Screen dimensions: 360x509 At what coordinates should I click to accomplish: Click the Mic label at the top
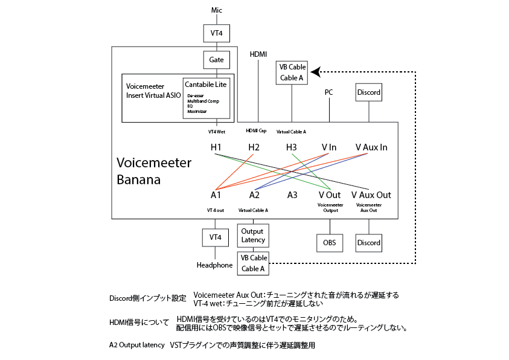tap(216, 10)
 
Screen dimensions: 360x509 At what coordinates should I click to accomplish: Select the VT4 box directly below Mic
tap(216, 33)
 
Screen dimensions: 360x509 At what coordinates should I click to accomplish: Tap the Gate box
tap(216, 60)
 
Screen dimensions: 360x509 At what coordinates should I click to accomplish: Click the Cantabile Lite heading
tap(206, 85)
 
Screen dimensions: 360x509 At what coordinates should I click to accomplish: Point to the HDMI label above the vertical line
tap(258, 54)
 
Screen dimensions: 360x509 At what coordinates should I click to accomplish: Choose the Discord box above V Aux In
tap(368, 92)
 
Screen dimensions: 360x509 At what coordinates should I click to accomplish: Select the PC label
tap(329, 92)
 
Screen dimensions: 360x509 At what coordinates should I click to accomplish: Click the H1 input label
tap(216, 147)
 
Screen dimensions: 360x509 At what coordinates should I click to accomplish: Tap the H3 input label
tap(292, 147)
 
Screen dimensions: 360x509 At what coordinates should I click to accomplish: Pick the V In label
tap(329, 147)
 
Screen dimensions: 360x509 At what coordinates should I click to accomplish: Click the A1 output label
tap(216, 195)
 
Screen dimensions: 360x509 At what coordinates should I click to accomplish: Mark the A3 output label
tap(292, 195)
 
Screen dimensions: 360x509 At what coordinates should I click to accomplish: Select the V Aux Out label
tap(371, 195)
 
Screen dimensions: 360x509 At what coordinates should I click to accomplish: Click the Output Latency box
tap(252, 236)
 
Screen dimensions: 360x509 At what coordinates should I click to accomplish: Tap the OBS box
tap(330, 243)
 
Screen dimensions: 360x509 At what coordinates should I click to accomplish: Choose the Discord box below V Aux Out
tap(368, 243)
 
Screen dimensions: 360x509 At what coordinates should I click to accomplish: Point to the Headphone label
tap(214, 265)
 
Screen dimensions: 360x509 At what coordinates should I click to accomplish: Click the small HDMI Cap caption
tap(256, 131)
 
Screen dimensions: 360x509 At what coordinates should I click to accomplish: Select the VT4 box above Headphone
tap(215, 237)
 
